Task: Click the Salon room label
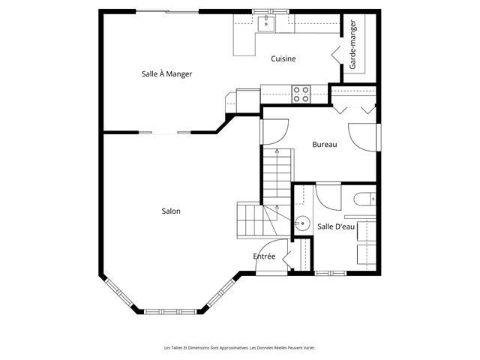[x=171, y=211]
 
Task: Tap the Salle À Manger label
[x=166, y=73]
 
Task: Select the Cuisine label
[x=283, y=58]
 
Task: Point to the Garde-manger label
[x=352, y=45]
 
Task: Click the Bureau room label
[x=325, y=144]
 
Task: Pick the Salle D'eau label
[x=336, y=226]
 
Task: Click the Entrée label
[x=264, y=256]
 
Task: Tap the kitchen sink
[x=266, y=23]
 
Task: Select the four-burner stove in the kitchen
[x=301, y=94]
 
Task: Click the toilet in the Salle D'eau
[x=364, y=199]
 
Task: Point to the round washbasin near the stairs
[x=302, y=223]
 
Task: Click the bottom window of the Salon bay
[x=170, y=312]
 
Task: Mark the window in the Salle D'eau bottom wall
[x=330, y=273]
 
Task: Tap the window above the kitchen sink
[x=271, y=12]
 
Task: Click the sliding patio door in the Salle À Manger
[x=167, y=12]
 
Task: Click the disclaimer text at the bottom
[x=240, y=348]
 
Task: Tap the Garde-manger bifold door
[x=336, y=55]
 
